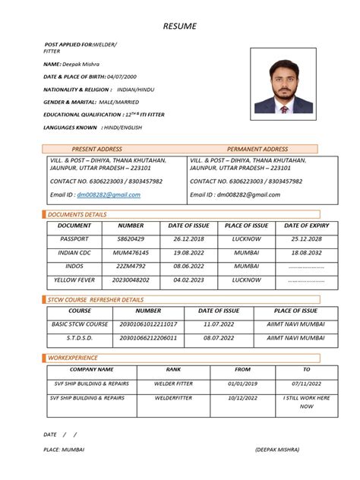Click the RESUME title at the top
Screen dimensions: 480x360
point(180,27)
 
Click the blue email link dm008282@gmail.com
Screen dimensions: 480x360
point(114,194)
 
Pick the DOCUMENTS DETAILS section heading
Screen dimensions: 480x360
point(77,215)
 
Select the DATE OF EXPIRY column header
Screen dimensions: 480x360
point(307,226)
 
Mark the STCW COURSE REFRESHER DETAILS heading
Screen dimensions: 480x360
point(96,300)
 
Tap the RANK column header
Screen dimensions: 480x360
point(173,369)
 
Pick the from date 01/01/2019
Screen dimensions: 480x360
point(242,384)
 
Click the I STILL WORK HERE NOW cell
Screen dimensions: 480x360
point(307,402)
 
